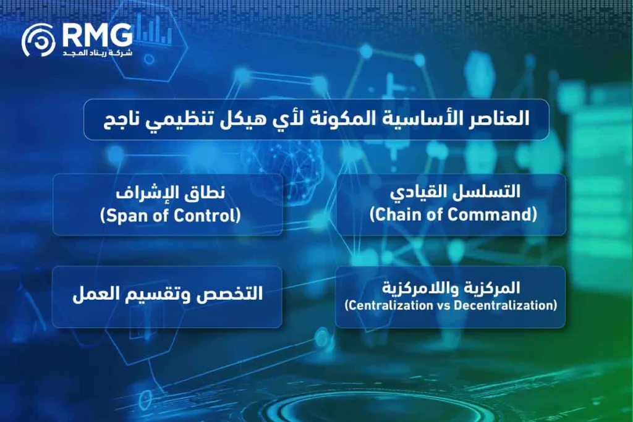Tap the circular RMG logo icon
point(38,41)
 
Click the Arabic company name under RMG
point(97,54)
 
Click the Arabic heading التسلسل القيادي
point(450,192)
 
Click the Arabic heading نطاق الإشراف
point(167,193)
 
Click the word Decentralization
point(504,305)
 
